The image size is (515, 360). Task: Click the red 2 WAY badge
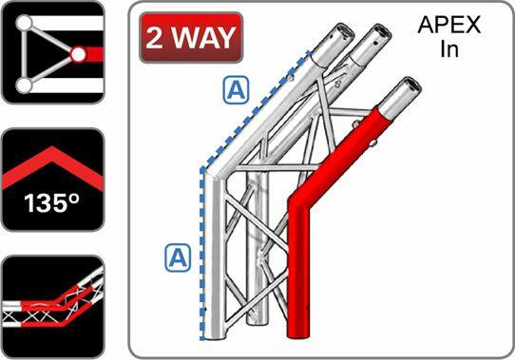(189, 39)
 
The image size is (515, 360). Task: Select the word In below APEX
(449, 49)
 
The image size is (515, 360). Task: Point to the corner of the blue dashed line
(201, 169)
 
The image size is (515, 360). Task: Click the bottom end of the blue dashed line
(201, 336)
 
